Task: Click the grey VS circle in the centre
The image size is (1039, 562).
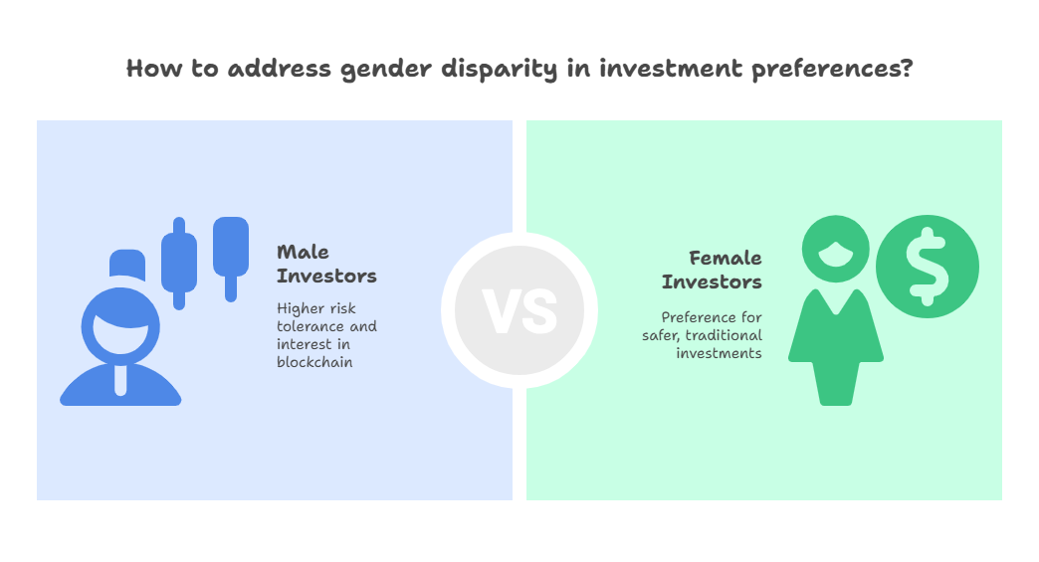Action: click(x=519, y=310)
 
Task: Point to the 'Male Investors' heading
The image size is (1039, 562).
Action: click(x=326, y=264)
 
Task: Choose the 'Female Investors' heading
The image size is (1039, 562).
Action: click(x=712, y=270)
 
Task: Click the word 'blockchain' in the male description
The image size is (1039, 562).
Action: click(x=314, y=362)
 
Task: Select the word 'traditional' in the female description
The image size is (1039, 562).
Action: click(x=724, y=335)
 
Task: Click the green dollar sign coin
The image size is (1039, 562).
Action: click(x=927, y=267)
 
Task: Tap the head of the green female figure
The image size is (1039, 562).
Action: click(x=836, y=249)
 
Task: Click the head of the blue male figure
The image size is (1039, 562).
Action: click(x=120, y=325)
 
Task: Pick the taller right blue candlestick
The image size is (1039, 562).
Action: click(x=231, y=259)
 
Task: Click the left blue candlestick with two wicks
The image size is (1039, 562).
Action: click(x=179, y=263)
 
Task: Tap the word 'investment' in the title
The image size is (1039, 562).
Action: click(x=671, y=69)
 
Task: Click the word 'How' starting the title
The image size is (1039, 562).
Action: click(x=153, y=69)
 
